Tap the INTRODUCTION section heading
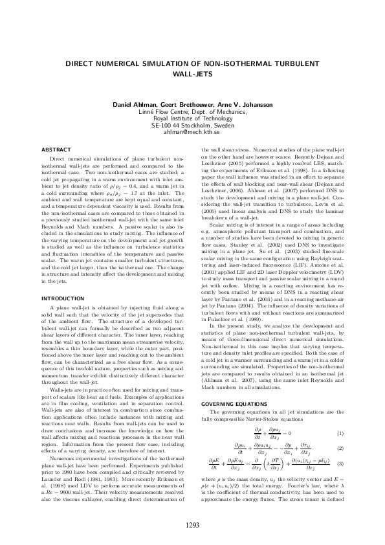click(63, 298)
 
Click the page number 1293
click(192, 525)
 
